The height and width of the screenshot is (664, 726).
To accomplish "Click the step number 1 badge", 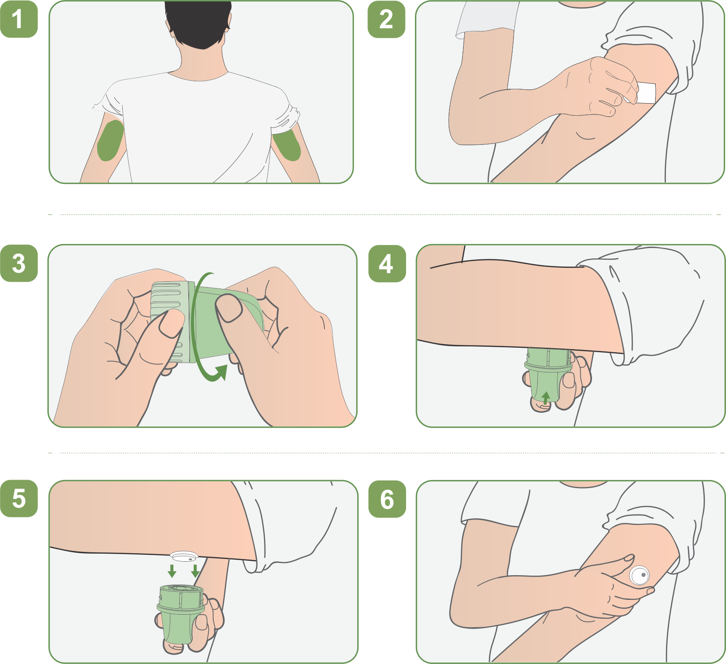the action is [x=19, y=19].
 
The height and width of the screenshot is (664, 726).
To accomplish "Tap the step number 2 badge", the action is [x=386, y=19].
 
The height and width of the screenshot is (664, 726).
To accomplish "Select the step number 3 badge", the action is [x=19, y=263].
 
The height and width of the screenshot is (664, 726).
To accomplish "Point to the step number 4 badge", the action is [x=387, y=263].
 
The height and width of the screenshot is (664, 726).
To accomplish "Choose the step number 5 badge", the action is [x=19, y=498].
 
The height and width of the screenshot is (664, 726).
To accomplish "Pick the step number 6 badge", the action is [x=387, y=499].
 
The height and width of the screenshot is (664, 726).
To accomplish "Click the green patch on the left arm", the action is [x=110, y=140].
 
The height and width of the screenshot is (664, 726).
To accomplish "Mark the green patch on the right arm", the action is [x=287, y=144].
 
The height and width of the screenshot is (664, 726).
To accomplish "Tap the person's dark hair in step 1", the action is [x=198, y=22].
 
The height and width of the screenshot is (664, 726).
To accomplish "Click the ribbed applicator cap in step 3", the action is [x=170, y=321].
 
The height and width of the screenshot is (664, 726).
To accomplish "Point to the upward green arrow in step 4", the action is [x=545, y=398].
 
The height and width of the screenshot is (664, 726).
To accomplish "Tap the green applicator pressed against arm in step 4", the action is [x=548, y=375].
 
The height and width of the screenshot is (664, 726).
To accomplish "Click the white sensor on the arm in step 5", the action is [x=184, y=557].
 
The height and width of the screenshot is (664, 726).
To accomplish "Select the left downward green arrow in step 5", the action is [x=172, y=571].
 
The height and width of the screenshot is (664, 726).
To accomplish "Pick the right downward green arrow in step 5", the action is [x=195, y=571].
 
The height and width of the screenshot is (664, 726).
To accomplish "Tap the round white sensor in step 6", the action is [x=640, y=575].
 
